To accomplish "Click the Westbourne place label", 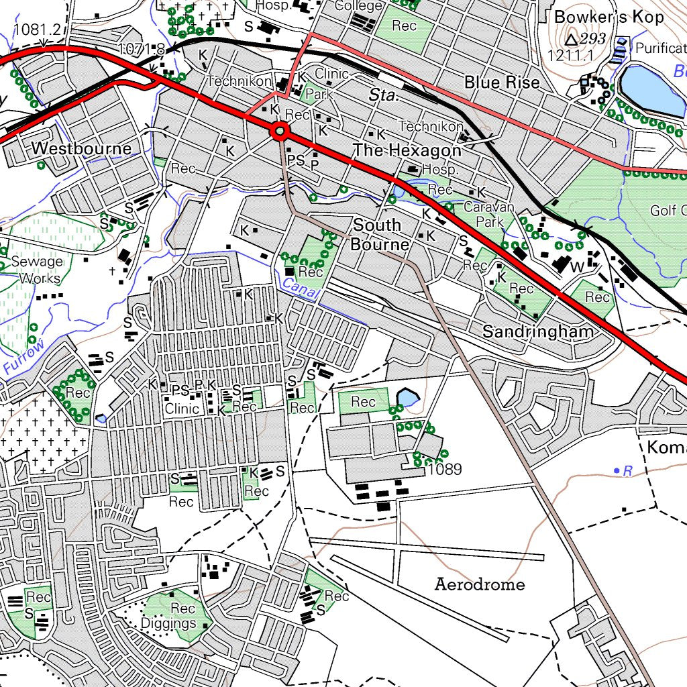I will pyautogui.click(x=81, y=148).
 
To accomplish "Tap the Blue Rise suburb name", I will pyautogui.click(x=502, y=83).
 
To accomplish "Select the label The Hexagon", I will pyautogui.click(x=407, y=150).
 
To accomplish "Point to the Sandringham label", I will pyautogui.click(x=538, y=331).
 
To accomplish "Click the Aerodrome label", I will pyautogui.click(x=480, y=584).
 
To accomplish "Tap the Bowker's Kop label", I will pyautogui.click(x=609, y=17).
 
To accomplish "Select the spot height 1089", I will pyautogui.click(x=445, y=470).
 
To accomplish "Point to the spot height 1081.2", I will pyautogui.click(x=37, y=30).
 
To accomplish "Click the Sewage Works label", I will pyautogui.click(x=39, y=270).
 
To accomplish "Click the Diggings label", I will pyautogui.click(x=168, y=623).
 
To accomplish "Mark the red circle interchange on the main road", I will pyautogui.click(x=280, y=131).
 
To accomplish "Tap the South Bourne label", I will pyautogui.click(x=378, y=234).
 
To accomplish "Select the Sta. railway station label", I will pyautogui.click(x=383, y=96).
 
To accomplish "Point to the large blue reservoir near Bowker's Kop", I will pyautogui.click(x=651, y=89).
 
